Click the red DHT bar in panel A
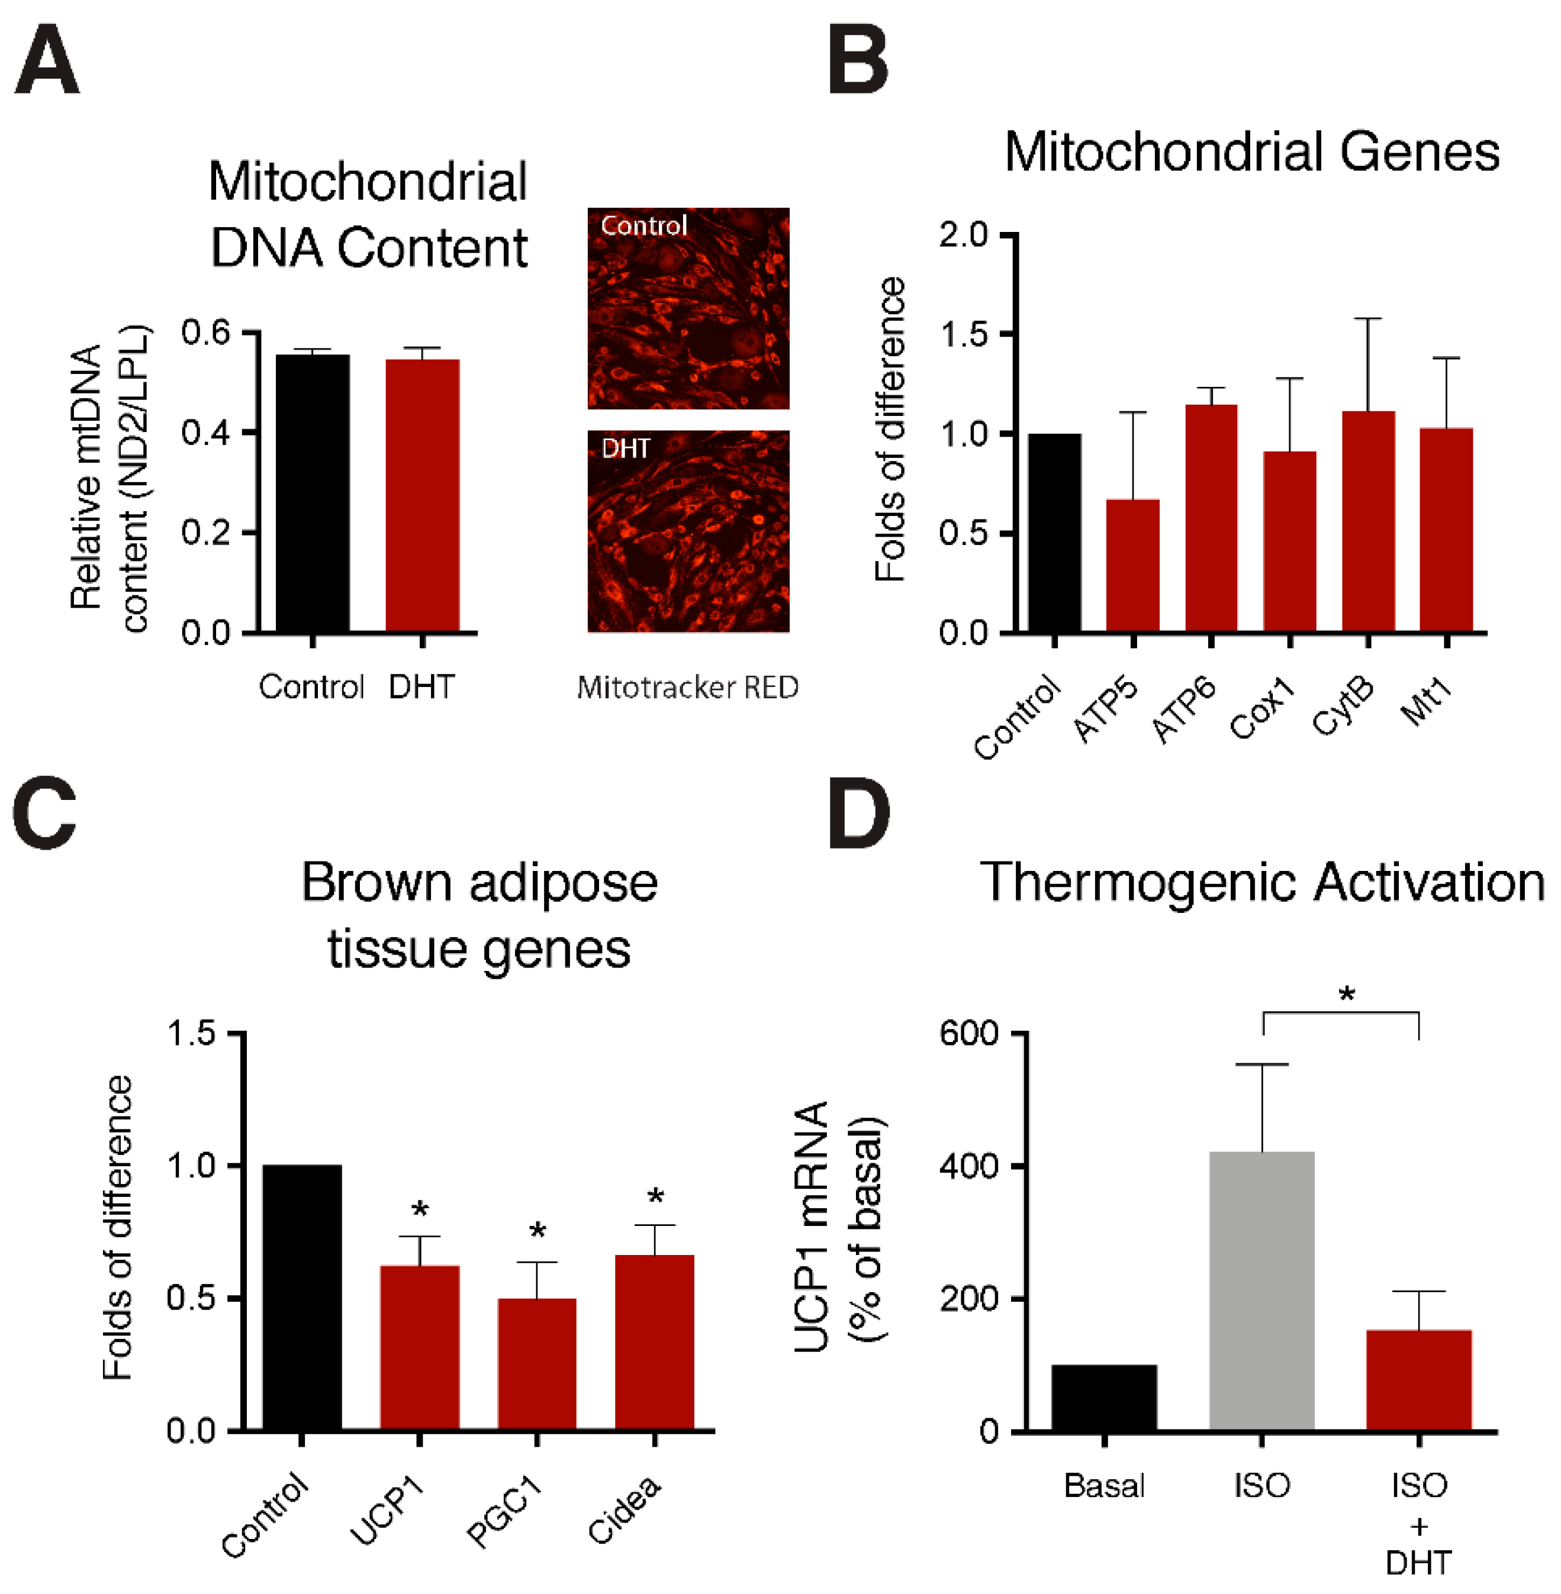[422, 495]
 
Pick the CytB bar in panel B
[1367, 521]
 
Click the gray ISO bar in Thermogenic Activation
[1261, 1292]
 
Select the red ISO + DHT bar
[1418, 1381]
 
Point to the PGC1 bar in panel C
[537, 1364]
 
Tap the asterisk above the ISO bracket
[1346, 996]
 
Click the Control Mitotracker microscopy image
[688, 308]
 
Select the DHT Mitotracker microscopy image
[688, 531]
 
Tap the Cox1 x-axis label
[1263, 709]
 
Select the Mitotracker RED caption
[687, 687]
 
